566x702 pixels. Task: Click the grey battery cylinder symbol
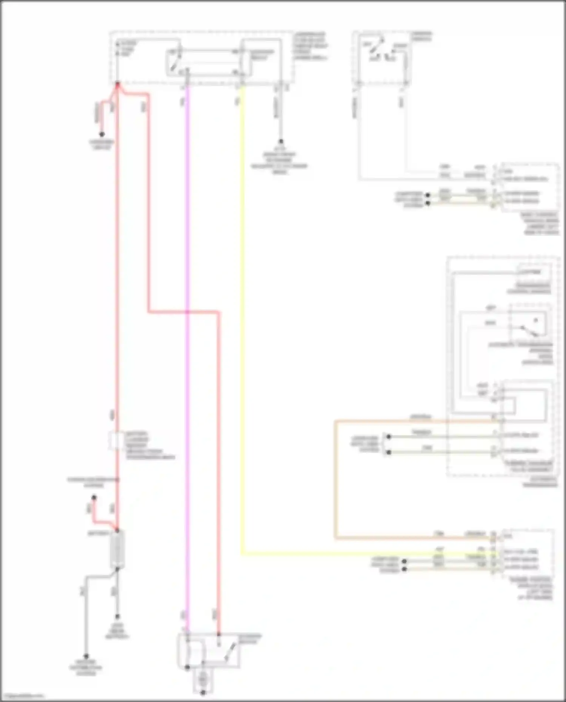coord(117,549)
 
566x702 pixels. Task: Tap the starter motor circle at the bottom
coord(203,680)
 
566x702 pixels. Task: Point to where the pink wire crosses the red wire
coord(187,312)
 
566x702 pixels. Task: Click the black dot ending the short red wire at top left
coord(102,134)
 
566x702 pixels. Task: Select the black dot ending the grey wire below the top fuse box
coord(281,141)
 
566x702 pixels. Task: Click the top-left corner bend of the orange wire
coord(335,421)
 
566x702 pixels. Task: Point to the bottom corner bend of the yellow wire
coord(242,554)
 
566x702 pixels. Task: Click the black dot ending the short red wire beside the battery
coord(94,498)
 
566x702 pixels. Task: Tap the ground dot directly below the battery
coord(117,616)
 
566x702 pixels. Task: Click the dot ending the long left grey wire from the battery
coord(86,656)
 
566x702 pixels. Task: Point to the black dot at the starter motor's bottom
coord(203,693)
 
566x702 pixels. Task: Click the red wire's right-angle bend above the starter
coord(218,312)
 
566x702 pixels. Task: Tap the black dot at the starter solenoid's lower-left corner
coord(187,667)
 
